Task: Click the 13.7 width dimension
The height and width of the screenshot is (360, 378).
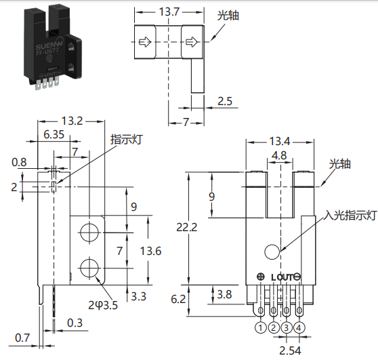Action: click(x=169, y=12)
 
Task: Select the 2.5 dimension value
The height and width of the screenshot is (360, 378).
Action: click(x=225, y=101)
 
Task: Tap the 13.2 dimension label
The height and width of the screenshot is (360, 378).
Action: click(x=72, y=121)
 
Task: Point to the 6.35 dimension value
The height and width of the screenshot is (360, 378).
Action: click(x=54, y=134)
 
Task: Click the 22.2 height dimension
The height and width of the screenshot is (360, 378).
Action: click(x=186, y=227)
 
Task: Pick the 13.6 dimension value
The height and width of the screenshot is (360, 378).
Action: click(x=150, y=251)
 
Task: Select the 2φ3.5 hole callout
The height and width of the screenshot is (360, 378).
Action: click(x=103, y=305)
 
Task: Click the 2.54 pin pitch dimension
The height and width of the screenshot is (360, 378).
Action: click(x=290, y=351)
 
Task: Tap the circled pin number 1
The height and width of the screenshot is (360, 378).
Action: click(x=260, y=327)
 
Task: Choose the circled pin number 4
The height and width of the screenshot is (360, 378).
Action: click(x=299, y=327)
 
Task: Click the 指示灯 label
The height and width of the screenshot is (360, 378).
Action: click(x=127, y=139)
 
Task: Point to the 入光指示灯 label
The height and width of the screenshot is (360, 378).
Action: click(x=350, y=215)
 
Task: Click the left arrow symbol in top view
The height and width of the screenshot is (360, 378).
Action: click(x=145, y=42)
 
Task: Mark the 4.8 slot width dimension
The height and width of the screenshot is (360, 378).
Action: click(x=279, y=155)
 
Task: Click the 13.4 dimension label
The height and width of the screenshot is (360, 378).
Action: click(x=279, y=141)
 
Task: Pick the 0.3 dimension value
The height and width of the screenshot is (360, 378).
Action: click(x=75, y=323)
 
